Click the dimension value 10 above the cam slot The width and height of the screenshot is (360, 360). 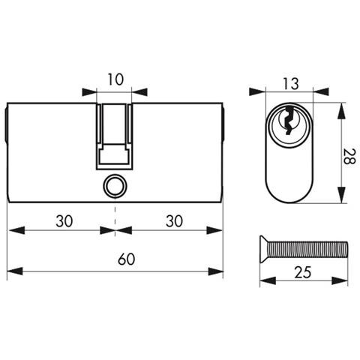[x=115, y=79]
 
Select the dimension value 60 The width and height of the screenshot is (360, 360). [x=127, y=259]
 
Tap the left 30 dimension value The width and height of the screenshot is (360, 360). [x=64, y=221]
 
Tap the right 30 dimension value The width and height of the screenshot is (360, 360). [x=174, y=221]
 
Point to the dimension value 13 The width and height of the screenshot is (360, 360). [x=291, y=84]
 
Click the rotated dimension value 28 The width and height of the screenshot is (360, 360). [x=349, y=156]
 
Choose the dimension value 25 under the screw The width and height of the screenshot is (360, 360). [x=303, y=272]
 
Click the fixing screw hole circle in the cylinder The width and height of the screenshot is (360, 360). [x=115, y=186]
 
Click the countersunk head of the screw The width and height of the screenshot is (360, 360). [x=264, y=249]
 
